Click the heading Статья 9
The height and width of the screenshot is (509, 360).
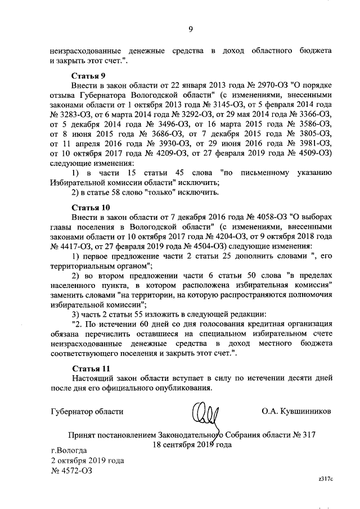89,75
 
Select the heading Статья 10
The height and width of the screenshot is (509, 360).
91,207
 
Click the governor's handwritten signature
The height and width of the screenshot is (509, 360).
209,414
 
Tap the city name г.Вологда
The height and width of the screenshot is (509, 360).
69,451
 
